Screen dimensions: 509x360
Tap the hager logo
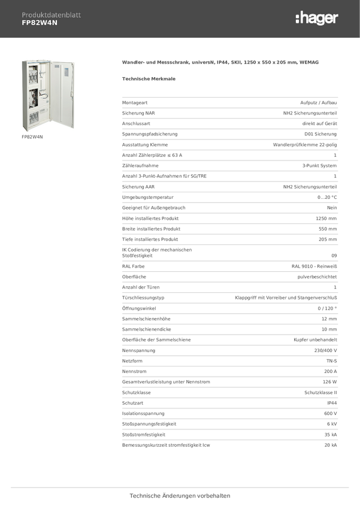[x=316, y=19]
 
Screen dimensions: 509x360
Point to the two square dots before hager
[x=297, y=19]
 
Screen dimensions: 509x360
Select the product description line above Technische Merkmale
[x=220, y=62]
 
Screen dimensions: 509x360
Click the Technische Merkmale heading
[x=149, y=78]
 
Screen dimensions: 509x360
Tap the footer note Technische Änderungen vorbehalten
[x=180, y=496]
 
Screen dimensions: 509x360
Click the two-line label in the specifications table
[x=157, y=253]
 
